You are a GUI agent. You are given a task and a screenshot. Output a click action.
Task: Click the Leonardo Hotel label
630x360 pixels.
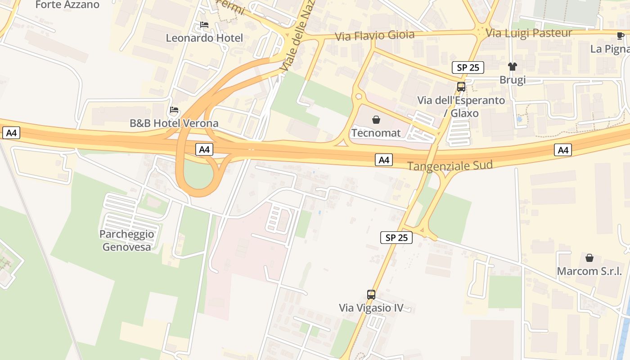[204, 38]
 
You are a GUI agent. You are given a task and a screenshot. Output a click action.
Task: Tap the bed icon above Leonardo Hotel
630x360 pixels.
[204, 25]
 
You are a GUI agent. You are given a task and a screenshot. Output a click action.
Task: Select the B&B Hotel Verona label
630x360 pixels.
[174, 123]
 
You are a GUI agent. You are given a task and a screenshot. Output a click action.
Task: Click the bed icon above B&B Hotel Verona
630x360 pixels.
[174, 110]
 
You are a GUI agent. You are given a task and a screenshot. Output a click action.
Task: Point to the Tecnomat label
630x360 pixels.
[376, 133]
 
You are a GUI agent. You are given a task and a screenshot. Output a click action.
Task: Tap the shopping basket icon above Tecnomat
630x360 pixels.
[376, 120]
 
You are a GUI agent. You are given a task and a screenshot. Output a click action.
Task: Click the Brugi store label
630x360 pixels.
[513, 80]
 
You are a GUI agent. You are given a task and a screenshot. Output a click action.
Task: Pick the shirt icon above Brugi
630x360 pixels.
[513, 67]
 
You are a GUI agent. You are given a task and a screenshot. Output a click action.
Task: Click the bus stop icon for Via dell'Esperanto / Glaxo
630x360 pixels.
[461, 87]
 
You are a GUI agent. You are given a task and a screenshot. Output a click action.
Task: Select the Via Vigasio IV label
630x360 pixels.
[371, 308]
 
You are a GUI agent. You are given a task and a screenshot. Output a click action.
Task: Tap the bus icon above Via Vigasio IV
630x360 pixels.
[371, 295]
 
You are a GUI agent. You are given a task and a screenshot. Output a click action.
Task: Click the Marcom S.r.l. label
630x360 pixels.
[589, 271]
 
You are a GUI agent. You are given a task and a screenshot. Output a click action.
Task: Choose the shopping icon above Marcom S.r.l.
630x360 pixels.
[589, 258]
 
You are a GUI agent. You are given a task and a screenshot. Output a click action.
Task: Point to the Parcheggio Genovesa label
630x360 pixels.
[127, 240]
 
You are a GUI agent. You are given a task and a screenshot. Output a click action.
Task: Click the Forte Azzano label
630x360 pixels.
[67, 5]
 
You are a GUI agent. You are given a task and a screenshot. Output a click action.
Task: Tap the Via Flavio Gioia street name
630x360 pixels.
[375, 36]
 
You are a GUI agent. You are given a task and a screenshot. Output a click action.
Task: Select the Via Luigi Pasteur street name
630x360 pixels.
[529, 33]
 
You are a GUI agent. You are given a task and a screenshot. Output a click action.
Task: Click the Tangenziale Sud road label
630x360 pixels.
[450, 166]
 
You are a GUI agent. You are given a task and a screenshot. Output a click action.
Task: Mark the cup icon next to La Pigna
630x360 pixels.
[621, 36]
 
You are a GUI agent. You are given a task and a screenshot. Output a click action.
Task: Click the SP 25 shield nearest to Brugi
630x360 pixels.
[468, 67]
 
